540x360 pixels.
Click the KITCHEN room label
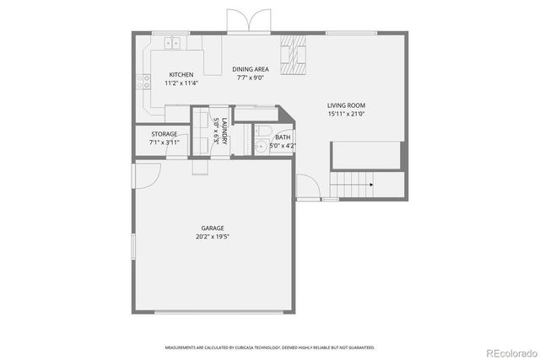pos(181,74)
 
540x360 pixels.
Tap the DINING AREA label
pos(251,69)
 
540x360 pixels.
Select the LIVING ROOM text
pos(346,105)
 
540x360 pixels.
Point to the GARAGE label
pos(212,228)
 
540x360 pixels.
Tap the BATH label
pos(283,137)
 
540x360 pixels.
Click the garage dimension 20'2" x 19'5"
pos(212,237)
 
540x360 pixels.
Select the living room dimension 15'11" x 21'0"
pos(346,115)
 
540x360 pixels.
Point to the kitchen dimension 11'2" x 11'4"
pos(181,83)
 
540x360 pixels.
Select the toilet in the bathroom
pos(262,131)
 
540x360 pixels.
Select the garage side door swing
pos(147,175)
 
